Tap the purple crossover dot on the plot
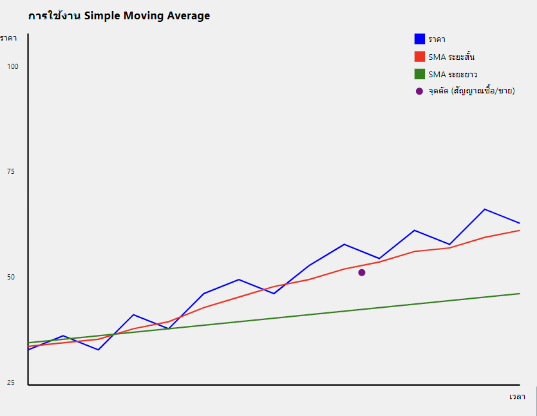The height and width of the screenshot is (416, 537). click(x=362, y=272)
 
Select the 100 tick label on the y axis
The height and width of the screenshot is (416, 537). click(x=13, y=66)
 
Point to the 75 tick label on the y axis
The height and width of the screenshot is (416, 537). click(x=11, y=171)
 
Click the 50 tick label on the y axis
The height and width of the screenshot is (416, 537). click(x=11, y=277)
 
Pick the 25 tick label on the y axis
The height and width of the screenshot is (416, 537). click(x=11, y=383)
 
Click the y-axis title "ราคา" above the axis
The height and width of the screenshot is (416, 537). click(x=8, y=38)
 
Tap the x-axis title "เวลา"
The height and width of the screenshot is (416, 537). click(x=517, y=397)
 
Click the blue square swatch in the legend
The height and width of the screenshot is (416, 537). click(x=420, y=39)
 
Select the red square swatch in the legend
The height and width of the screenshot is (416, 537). click(x=420, y=57)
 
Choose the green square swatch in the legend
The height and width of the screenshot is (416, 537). click(x=420, y=74)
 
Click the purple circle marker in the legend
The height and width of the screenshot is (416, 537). click(x=420, y=91)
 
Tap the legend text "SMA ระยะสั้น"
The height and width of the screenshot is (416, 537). click(x=451, y=57)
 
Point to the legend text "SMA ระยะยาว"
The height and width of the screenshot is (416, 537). click(x=453, y=74)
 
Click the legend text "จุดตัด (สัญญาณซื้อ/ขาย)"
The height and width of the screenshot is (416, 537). click(x=471, y=91)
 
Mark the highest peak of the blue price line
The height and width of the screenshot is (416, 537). click(x=484, y=209)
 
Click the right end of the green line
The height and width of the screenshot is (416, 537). click(x=519, y=294)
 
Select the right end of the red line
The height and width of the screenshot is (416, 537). click(x=519, y=231)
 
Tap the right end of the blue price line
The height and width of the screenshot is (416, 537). click(x=519, y=223)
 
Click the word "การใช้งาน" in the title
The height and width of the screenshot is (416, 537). click(x=54, y=16)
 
